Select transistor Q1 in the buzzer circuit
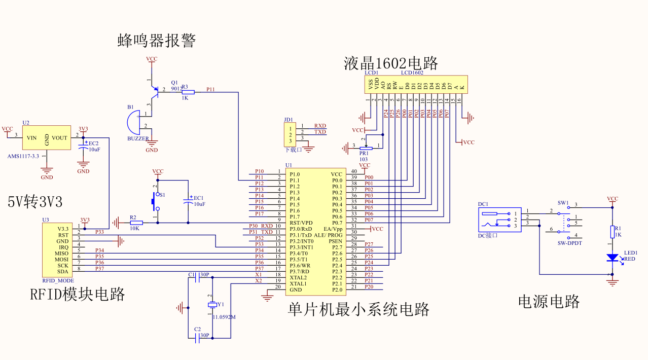pos(155,91)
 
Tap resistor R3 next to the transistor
pos(188,92)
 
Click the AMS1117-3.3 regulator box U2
pos(46,137)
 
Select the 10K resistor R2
pos(136,223)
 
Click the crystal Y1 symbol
pos(212,305)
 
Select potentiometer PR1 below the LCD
pos(365,148)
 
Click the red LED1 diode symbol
pos(613,258)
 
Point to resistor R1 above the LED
pos(613,232)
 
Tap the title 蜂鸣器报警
pos(157,40)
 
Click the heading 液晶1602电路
pos(390,63)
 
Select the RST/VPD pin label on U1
pos(301,223)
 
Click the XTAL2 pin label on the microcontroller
pos(298,277)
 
